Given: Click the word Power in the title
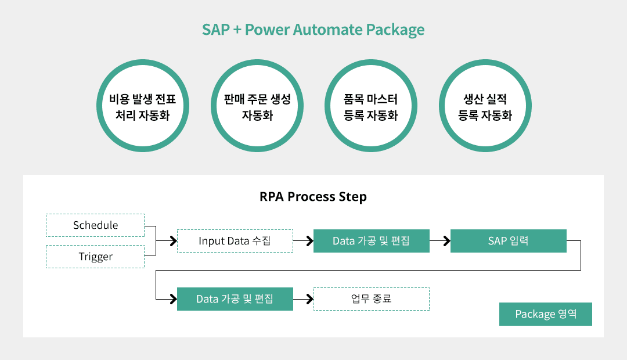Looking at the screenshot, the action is (266, 30).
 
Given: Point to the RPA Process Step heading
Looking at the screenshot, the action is (313, 197).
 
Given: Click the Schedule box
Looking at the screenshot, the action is (95, 225).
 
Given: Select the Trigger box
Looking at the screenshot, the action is (95, 257).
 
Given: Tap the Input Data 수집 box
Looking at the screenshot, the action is (235, 241).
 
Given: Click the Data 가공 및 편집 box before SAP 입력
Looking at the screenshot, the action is (372, 241).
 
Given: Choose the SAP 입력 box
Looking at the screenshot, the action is (509, 241).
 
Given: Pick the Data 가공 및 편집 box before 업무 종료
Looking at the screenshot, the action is (235, 299).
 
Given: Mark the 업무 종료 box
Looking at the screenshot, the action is (372, 299).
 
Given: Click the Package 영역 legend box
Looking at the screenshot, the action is (546, 314).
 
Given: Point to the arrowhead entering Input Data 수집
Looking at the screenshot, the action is (174, 241).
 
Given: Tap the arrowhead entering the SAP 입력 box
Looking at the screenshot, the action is (447, 241).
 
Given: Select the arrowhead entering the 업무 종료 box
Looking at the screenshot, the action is (310, 299).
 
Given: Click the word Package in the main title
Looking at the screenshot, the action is (395, 30).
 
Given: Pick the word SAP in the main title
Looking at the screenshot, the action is (216, 30).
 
